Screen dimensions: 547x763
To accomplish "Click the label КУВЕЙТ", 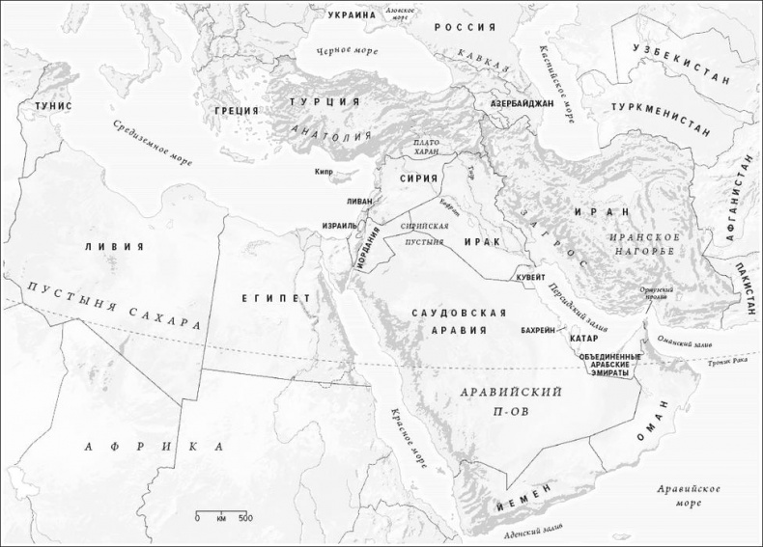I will pyautogui.click(x=533, y=276).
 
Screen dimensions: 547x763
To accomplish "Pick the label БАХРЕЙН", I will pyautogui.click(x=537, y=330).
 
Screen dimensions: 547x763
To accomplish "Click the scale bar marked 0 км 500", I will pyautogui.click(x=222, y=514).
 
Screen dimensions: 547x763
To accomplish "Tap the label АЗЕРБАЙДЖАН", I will pyautogui.click(x=523, y=102).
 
